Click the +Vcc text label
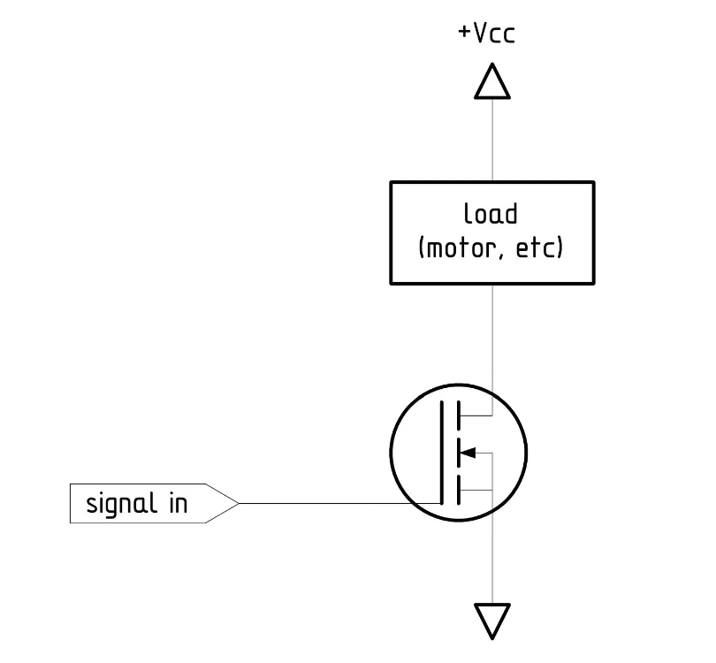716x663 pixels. pos(486,34)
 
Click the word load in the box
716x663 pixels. pos(491,215)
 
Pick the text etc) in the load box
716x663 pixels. pos(539,248)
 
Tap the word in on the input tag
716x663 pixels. pos(177,504)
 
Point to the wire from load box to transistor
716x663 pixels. pos(491,336)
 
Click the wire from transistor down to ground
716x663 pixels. pos(491,557)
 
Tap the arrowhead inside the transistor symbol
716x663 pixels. pos(469,453)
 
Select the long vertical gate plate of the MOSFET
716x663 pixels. pos(441,453)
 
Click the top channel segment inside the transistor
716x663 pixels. pos(457,415)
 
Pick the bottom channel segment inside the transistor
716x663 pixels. pos(457,490)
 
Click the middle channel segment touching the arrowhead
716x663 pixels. pos(457,453)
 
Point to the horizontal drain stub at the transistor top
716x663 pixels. pos(475,415)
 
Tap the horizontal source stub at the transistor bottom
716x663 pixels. pos(475,490)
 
